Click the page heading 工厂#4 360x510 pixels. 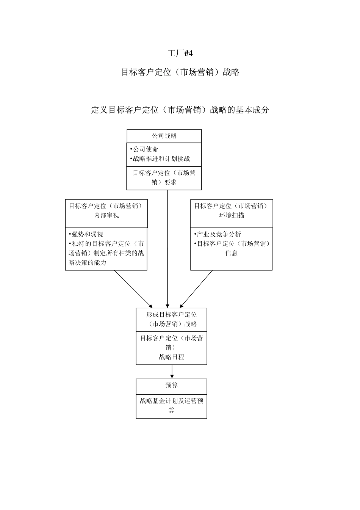tap(180, 53)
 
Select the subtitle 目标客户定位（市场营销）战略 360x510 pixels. tap(180, 72)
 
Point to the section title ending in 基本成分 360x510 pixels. tap(180, 110)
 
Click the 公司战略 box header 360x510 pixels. tap(164, 136)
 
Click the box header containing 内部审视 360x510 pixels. tap(106, 211)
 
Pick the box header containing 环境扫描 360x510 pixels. tap(232, 211)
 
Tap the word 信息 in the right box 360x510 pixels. tap(231, 253)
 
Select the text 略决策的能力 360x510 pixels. tap(88, 262)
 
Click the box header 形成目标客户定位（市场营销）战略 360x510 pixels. tap(172, 319)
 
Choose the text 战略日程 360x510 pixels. tap(171, 357)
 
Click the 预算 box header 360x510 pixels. tap(172, 386)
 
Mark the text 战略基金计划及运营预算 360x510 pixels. tap(172, 405)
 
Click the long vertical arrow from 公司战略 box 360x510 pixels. tap(167, 246)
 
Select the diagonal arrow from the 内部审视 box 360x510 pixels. tap(133, 288)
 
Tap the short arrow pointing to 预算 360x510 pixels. tap(172, 372)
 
